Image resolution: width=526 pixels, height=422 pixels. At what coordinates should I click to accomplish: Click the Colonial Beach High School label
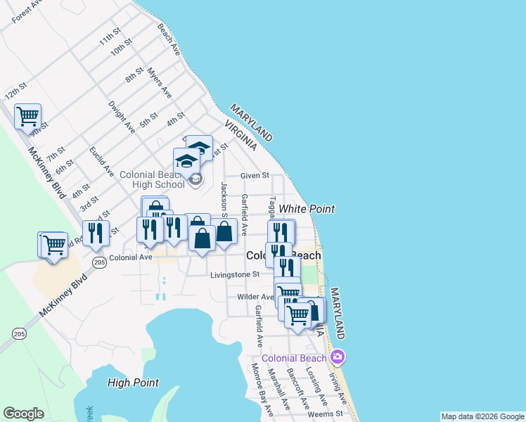pos(152,179)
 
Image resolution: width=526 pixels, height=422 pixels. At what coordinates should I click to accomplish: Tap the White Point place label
pos(307,209)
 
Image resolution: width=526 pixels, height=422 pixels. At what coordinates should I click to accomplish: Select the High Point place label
pos(133,383)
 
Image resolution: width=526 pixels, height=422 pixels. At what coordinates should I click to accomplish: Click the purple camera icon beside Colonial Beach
pos(338,357)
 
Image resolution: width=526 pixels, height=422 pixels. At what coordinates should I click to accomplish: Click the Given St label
pos(255,175)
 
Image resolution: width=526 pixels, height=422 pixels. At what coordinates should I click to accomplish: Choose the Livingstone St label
pos(235,275)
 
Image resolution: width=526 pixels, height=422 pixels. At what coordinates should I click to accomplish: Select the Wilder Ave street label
pos(255,298)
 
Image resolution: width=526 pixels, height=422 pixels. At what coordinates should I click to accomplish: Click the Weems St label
pos(325,414)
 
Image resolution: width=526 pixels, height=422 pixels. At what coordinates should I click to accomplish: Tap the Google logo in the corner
pos(23,414)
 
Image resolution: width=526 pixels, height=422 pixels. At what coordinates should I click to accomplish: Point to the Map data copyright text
pos(482,416)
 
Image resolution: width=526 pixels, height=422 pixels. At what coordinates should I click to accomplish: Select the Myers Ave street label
pos(160,82)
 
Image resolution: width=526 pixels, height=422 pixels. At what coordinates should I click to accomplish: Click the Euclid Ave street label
pos(102,161)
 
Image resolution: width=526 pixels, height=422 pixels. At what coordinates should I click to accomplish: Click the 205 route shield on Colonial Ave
pos(98,262)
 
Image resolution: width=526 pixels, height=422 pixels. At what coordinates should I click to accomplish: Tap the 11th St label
pos(110,37)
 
